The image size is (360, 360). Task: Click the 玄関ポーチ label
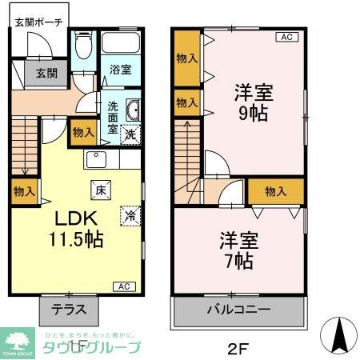tap(35, 22)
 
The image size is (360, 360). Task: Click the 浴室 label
tap(122, 70)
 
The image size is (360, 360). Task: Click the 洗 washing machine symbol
tap(130, 135)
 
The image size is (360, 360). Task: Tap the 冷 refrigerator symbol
tap(130, 214)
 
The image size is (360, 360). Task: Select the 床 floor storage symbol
tap(101, 190)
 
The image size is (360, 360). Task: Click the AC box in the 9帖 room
tap(286, 37)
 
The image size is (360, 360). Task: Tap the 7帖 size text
tap(238, 261)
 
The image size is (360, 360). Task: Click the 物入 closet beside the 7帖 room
tap(275, 191)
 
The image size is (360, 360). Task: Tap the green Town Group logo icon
tap(17, 342)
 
